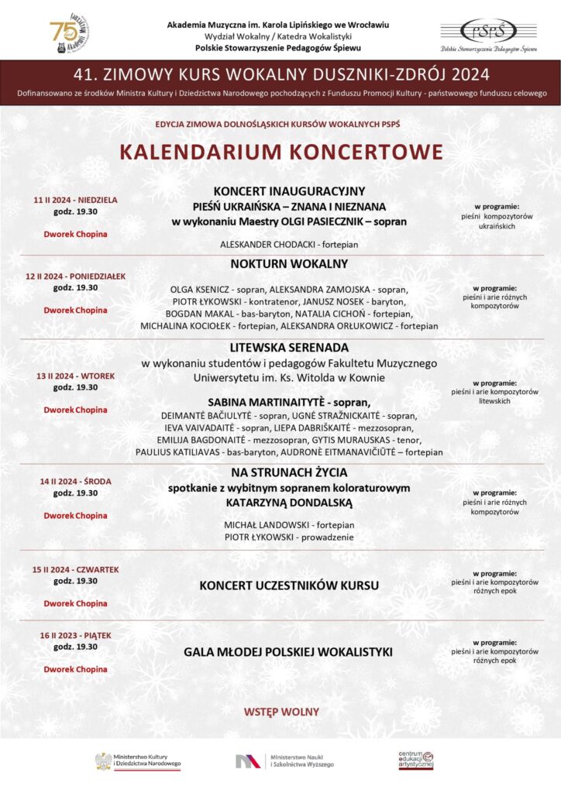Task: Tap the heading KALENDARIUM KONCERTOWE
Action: tap(281, 151)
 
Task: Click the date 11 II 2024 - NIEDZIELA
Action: tap(76, 199)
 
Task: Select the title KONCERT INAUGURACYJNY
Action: tap(289, 191)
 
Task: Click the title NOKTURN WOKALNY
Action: tap(289, 264)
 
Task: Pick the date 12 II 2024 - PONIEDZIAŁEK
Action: tap(76, 276)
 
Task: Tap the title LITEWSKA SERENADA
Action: tap(289, 348)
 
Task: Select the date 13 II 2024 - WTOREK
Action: tap(76, 376)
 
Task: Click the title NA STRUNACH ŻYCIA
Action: tap(289, 472)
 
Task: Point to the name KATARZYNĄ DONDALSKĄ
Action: tap(289, 503)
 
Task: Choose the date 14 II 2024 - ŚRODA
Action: tap(76, 481)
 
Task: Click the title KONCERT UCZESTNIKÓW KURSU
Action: tap(289, 585)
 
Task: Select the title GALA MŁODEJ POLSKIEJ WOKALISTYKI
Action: tap(289, 652)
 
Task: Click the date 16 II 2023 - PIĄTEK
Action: tap(76, 635)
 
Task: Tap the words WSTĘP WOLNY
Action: tap(281, 712)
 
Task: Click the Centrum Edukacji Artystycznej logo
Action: tap(416, 760)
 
